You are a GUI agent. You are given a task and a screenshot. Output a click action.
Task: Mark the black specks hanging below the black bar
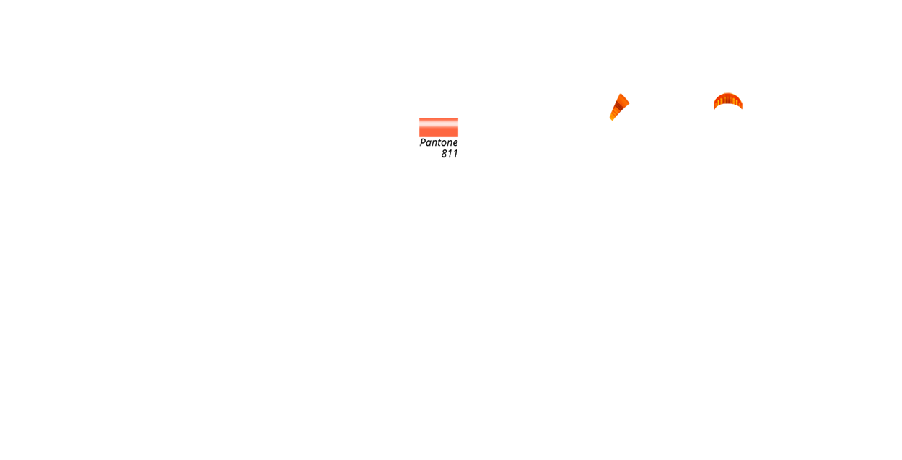(x=449, y=155)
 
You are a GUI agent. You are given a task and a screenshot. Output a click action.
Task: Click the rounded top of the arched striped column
(x=728, y=97)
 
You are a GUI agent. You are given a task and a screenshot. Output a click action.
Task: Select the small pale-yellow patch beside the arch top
(x=740, y=95)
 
